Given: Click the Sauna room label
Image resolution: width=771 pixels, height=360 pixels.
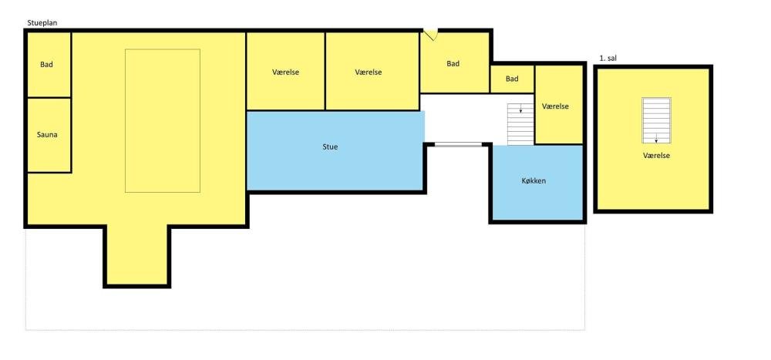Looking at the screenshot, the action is [47, 134].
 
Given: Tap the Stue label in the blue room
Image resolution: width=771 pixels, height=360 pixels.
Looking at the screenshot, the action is [331, 146].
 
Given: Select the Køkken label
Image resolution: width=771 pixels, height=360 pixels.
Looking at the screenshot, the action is [534, 181].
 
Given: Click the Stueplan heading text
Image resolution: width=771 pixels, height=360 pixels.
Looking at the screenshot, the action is [42, 23].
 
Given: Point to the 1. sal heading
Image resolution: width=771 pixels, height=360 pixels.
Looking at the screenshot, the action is [608, 59].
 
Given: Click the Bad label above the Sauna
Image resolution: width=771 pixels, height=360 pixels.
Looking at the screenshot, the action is [47, 65].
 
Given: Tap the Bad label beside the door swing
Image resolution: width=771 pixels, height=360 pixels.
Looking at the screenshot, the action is [453, 63].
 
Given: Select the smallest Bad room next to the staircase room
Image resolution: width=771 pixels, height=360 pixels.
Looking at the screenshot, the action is [512, 79].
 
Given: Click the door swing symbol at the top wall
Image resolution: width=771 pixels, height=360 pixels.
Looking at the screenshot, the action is [431, 35].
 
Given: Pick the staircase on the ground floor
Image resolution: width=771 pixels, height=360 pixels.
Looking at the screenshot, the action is [520, 124].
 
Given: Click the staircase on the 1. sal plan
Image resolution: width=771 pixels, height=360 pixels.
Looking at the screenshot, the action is [656, 120].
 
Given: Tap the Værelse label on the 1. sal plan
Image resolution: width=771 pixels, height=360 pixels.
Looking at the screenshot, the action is [656, 156].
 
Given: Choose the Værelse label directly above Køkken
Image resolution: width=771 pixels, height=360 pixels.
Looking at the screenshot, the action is [555, 106].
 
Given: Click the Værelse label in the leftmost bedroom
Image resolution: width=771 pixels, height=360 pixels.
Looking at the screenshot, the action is [286, 72].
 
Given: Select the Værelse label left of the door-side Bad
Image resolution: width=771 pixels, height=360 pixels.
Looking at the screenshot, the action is [369, 72].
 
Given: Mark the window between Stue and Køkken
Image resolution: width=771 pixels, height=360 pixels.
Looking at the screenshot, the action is [458, 144].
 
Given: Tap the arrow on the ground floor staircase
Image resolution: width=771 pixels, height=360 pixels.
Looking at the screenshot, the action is [520, 109].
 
